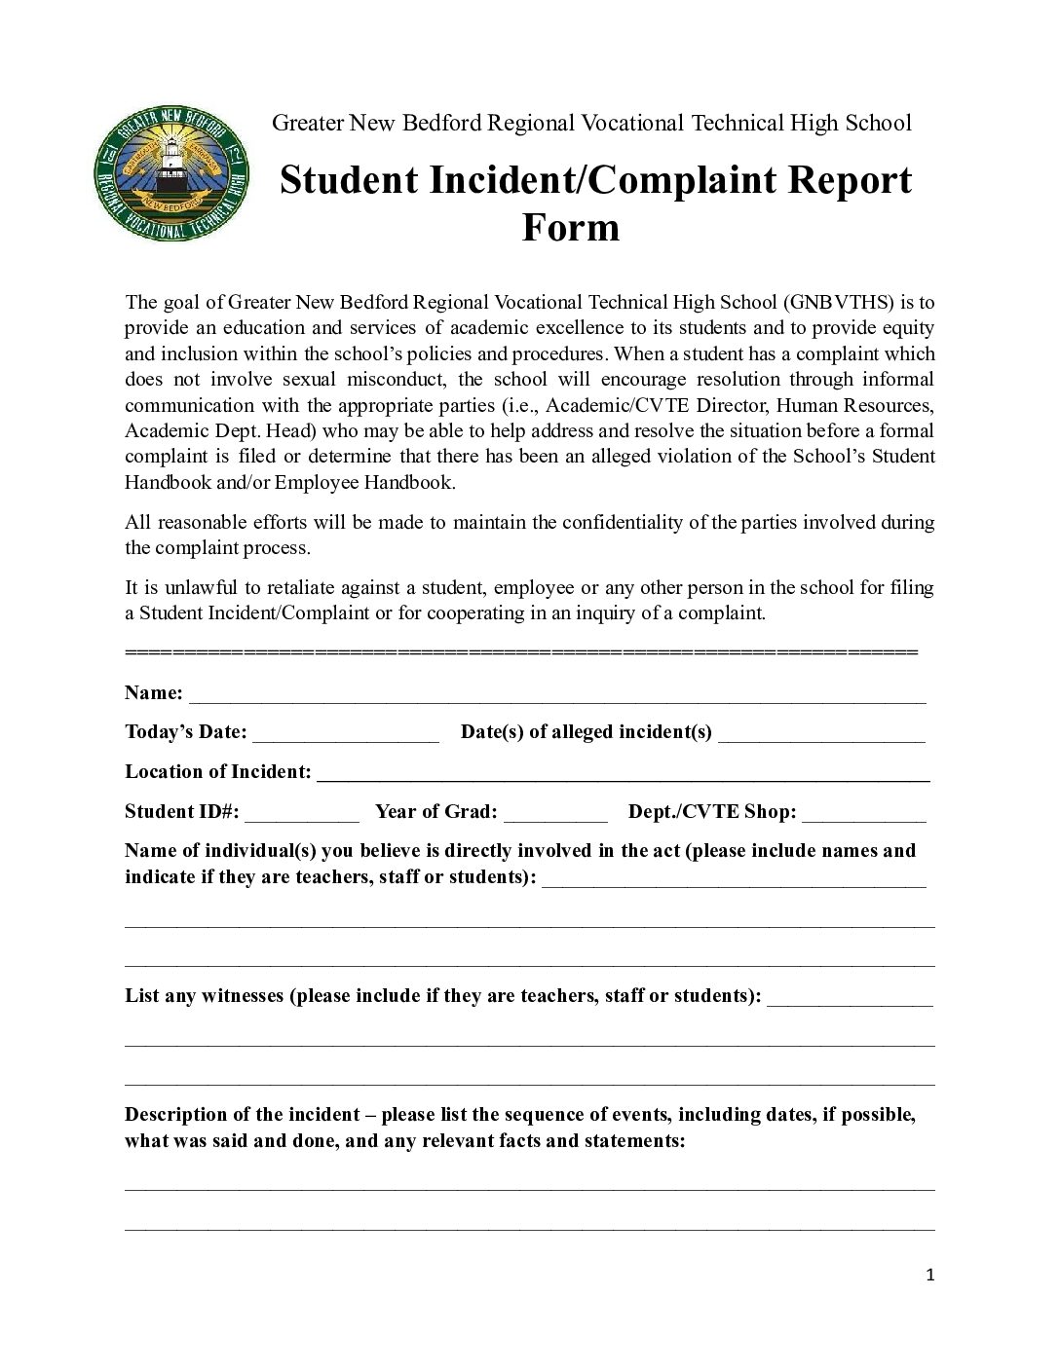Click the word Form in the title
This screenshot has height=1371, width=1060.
pyautogui.click(x=571, y=227)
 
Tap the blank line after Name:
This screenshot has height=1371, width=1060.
pyautogui.click(x=557, y=695)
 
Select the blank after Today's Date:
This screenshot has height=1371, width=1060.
pyautogui.click(x=346, y=734)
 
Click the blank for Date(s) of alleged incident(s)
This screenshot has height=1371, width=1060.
pyautogui.click(x=821, y=734)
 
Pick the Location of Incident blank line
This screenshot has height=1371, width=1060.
pyautogui.click(x=624, y=775)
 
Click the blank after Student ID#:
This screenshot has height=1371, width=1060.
pyautogui.click(x=302, y=814)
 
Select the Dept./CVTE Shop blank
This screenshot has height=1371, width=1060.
pyautogui.click(x=864, y=814)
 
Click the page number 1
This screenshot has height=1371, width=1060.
pyautogui.click(x=930, y=1276)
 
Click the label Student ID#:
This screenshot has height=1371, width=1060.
pyautogui.click(x=182, y=812)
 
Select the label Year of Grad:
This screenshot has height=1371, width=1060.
pyautogui.click(x=436, y=812)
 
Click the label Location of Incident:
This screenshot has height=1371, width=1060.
pyautogui.click(x=218, y=772)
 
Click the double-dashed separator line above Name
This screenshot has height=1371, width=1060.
pyautogui.click(x=521, y=651)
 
